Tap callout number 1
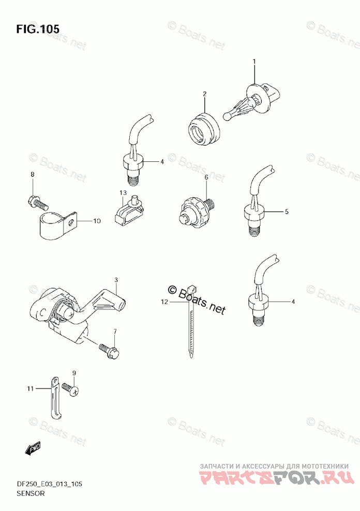coord(254,62)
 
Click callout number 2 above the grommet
coord(204,94)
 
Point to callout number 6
coord(206,177)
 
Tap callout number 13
coord(123,192)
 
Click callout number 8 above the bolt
coord(32,175)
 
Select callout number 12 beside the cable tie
coord(164,301)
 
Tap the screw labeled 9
coord(70,389)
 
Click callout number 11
coord(31,388)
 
